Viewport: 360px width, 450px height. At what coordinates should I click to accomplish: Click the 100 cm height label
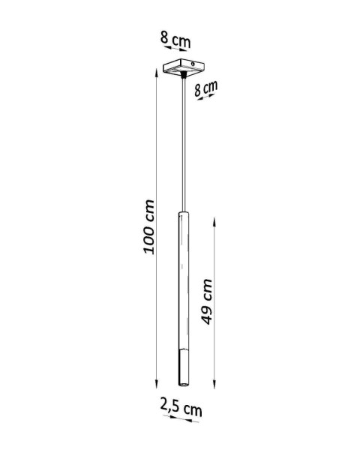pyautogui.click(x=149, y=226)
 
